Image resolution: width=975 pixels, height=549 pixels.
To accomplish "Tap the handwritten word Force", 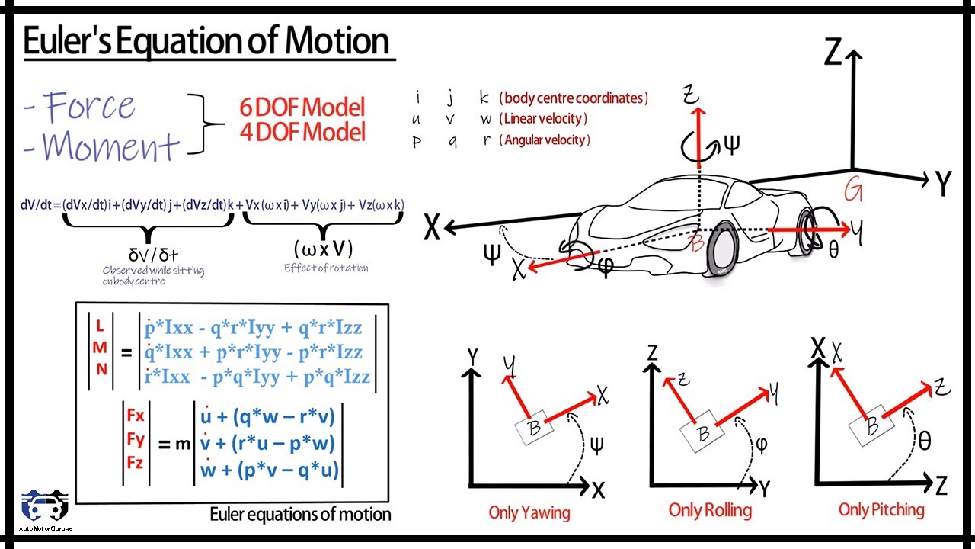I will click(x=90, y=106).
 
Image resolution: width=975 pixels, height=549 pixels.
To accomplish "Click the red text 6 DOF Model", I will click(x=302, y=108).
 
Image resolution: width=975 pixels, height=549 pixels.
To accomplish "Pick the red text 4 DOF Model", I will click(x=302, y=132).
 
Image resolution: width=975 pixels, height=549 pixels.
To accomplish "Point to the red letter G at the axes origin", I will click(x=852, y=191).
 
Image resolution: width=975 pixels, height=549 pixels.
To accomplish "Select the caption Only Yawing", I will click(x=529, y=512).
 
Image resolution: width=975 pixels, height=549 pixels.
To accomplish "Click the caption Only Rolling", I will click(x=710, y=510).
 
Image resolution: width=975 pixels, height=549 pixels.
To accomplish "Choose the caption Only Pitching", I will click(x=881, y=509).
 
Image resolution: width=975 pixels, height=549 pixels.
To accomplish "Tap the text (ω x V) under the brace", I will click(x=323, y=249).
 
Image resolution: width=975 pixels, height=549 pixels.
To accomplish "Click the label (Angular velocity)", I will click(x=545, y=140).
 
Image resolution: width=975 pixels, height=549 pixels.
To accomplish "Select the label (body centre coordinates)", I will click(x=574, y=98).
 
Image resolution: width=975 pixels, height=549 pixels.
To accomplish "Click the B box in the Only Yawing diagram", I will click(x=534, y=428).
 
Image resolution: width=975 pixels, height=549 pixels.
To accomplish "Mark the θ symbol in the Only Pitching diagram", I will click(x=924, y=441).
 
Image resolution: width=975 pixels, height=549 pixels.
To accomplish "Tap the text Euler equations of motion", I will click(x=300, y=515).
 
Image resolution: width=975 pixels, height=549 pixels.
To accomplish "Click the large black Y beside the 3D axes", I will click(x=943, y=183).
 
